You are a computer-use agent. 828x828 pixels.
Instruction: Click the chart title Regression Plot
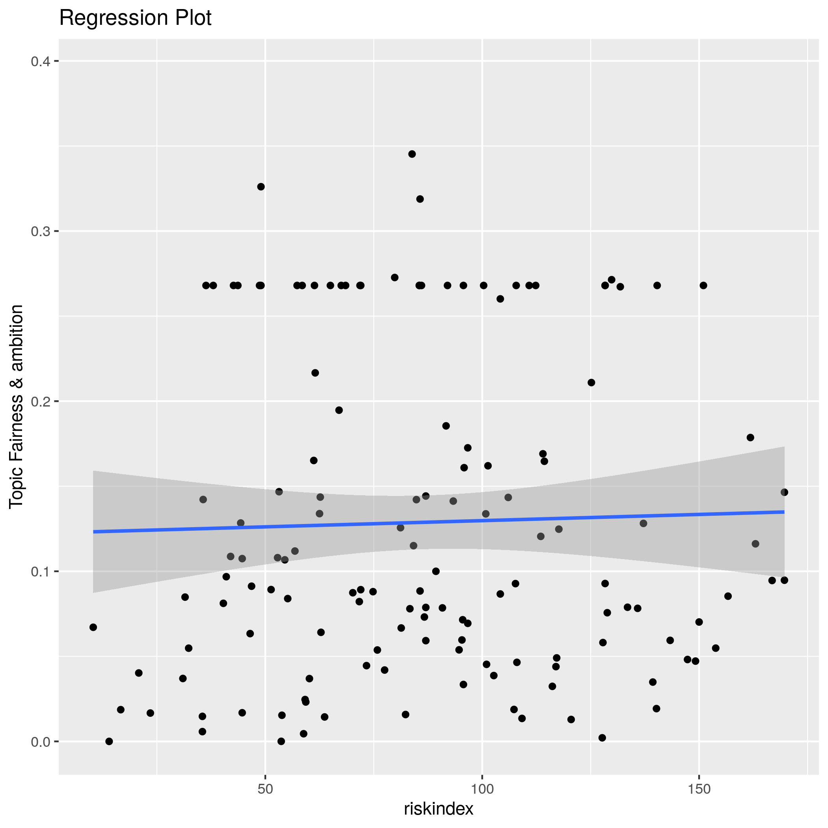pyautogui.click(x=135, y=19)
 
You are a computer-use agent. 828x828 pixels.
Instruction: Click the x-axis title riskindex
pyautogui.click(x=438, y=809)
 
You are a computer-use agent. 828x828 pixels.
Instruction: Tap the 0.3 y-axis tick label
pyautogui.click(x=40, y=232)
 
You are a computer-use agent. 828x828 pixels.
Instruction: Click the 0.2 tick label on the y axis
pyautogui.click(x=40, y=401)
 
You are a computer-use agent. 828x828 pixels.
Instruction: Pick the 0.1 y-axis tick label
pyautogui.click(x=40, y=572)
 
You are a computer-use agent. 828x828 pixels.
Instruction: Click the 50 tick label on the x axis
pyautogui.click(x=265, y=789)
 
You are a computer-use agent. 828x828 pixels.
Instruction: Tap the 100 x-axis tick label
pyautogui.click(x=482, y=789)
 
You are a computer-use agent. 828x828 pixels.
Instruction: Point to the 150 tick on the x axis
pyautogui.click(x=699, y=789)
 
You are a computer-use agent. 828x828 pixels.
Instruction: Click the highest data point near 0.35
pyautogui.click(x=412, y=154)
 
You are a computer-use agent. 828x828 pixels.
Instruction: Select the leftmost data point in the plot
pyautogui.click(x=93, y=627)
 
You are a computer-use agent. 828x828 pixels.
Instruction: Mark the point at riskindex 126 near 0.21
pyautogui.click(x=591, y=383)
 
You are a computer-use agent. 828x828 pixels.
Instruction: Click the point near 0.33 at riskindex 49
pyautogui.click(x=261, y=187)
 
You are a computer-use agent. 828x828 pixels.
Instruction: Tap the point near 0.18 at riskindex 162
pyautogui.click(x=750, y=438)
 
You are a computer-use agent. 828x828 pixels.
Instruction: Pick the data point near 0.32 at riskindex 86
pyautogui.click(x=420, y=199)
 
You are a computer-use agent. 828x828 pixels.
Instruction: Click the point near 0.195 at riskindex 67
pyautogui.click(x=339, y=410)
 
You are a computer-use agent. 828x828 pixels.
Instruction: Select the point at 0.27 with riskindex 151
pyautogui.click(x=703, y=285)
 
